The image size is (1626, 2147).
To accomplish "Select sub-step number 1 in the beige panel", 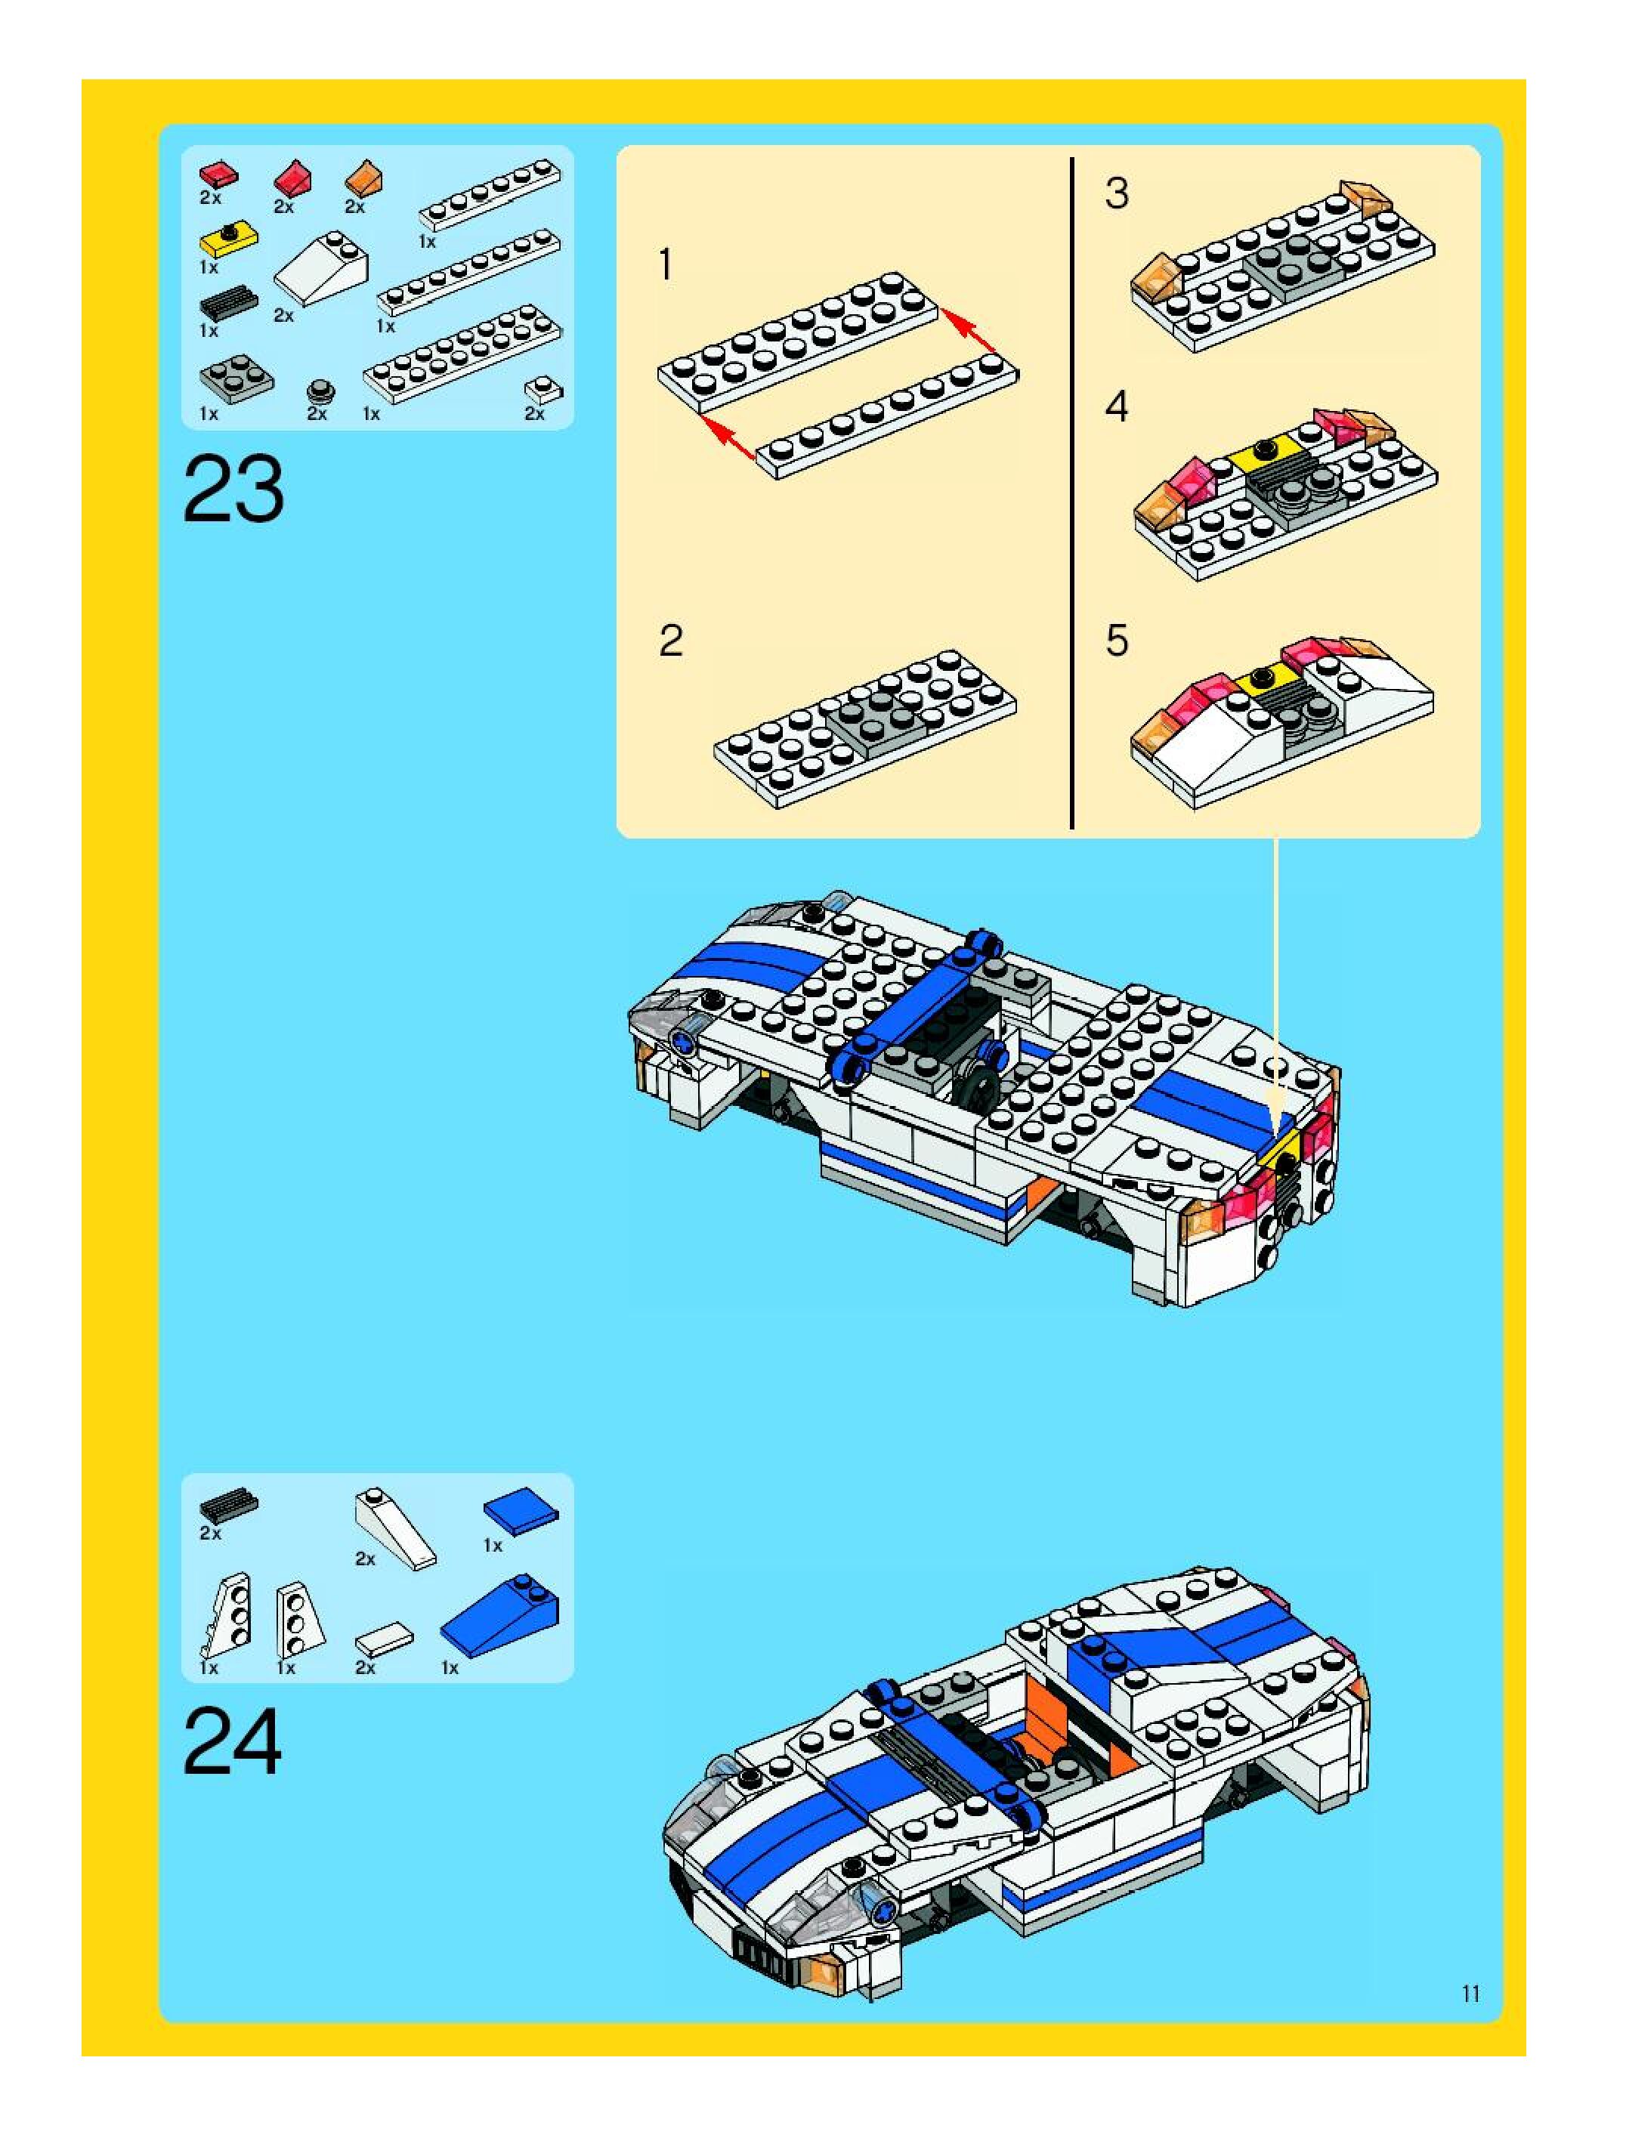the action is click(x=666, y=265).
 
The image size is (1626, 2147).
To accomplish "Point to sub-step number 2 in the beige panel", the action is click(x=671, y=641).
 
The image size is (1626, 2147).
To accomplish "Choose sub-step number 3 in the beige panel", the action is click(x=1117, y=193).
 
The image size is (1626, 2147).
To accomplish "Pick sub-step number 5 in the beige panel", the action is click(x=1117, y=641).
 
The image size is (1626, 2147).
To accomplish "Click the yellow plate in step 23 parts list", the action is click(x=228, y=239).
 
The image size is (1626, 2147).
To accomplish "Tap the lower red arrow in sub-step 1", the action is click(x=728, y=437).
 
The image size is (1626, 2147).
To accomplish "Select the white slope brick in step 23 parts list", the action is click(x=321, y=269).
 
